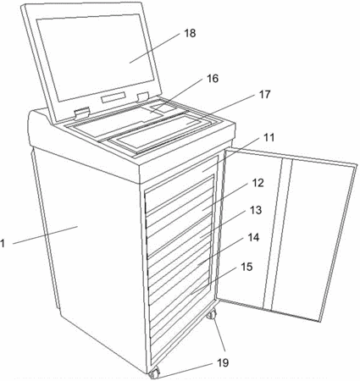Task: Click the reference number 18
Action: [190, 33]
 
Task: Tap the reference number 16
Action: [213, 79]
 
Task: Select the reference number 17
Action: [265, 95]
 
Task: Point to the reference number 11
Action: [269, 137]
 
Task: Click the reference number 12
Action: [258, 183]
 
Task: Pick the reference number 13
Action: [256, 210]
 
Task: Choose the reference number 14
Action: [253, 237]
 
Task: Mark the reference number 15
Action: [246, 267]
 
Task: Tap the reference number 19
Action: [223, 362]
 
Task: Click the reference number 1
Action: [3, 243]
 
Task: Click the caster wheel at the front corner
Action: [154, 373]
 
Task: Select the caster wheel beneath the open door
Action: [212, 314]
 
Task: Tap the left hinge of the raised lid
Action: [82, 113]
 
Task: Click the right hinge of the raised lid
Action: [143, 96]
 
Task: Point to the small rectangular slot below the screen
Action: [114, 97]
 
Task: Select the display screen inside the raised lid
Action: [96, 58]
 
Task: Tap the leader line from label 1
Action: [45, 235]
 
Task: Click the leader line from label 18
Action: [155, 47]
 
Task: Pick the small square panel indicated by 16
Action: [160, 108]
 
